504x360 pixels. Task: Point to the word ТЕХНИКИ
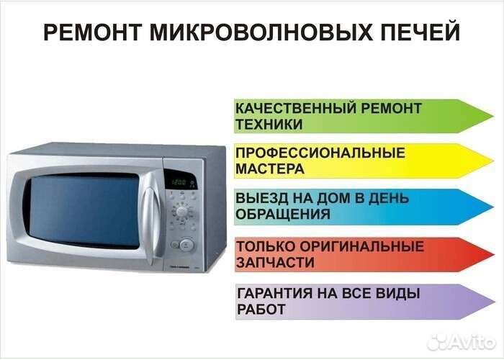[269, 124]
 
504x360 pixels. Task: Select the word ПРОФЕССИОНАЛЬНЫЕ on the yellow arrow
[320, 153]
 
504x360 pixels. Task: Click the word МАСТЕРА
[269, 169]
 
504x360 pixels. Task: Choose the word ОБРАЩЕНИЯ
[283, 214]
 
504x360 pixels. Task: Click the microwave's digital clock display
[179, 182]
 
